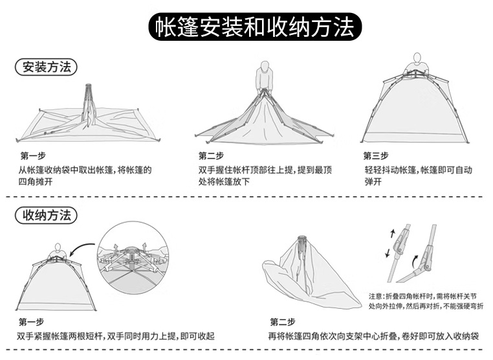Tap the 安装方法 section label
46,67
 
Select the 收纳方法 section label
46,216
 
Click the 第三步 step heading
376,155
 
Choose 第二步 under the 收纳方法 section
283,322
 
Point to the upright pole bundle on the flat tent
89,104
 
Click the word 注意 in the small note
377,295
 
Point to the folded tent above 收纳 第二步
311,275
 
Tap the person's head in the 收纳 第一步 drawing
58,247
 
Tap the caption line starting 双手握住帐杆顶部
265,170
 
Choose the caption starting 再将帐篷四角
373,336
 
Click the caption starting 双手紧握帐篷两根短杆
116,336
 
